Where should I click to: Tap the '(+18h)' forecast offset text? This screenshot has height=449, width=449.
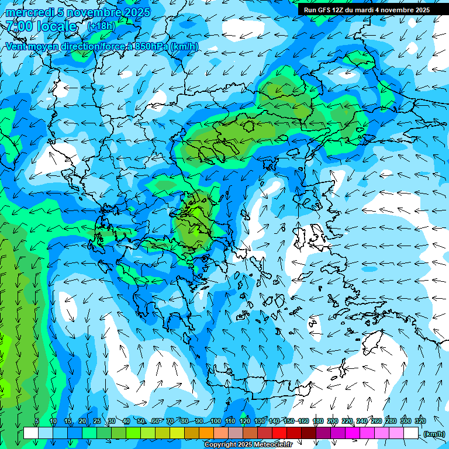point(101,26)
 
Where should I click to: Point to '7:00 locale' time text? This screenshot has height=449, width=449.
point(41,26)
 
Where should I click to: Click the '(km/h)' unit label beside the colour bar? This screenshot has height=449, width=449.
point(434,433)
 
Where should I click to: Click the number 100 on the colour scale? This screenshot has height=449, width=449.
point(215,421)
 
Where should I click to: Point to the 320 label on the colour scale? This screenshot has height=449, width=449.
point(420,421)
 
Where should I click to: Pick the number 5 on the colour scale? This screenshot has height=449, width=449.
point(36,421)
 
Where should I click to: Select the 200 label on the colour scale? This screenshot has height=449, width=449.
point(333,421)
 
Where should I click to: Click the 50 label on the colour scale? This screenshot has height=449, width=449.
point(141,421)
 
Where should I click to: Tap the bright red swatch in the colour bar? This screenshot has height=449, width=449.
point(280,433)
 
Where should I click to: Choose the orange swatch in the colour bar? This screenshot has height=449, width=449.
point(206,433)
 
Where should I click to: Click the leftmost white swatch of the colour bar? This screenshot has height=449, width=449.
point(31,433)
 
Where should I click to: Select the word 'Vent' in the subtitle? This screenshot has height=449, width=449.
point(16,46)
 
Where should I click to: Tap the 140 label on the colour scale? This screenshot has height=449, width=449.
point(274,421)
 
